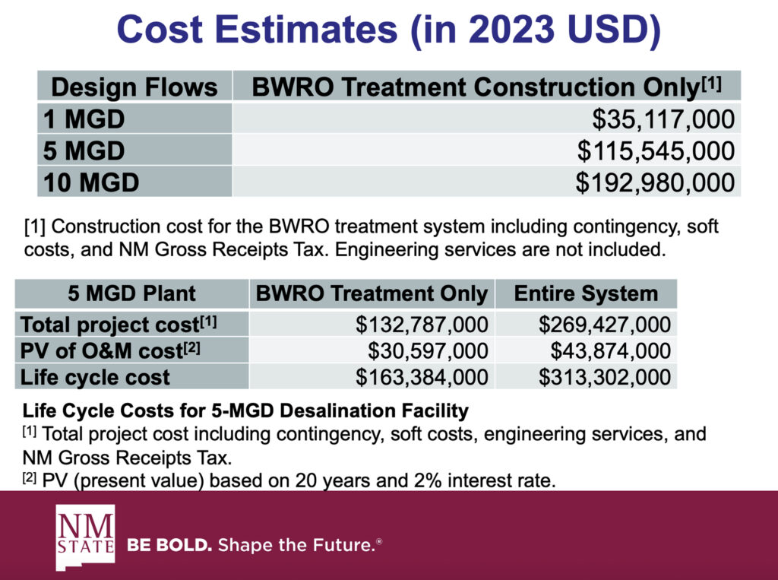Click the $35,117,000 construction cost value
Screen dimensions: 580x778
pyautogui.click(x=663, y=119)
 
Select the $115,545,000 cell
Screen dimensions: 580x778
pyautogui.click(x=656, y=151)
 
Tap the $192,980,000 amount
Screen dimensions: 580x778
pyautogui.click(x=656, y=182)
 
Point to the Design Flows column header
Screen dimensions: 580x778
pyautogui.click(x=134, y=87)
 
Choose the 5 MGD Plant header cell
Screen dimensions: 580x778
pyautogui.click(x=132, y=293)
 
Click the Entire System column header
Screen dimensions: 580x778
pyautogui.click(x=586, y=293)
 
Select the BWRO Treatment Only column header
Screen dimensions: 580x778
pyautogui.click(x=372, y=293)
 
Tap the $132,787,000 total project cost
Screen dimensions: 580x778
pyautogui.click(x=422, y=325)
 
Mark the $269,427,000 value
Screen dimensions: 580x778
pyautogui.click(x=605, y=325)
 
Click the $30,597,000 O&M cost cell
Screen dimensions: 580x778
pyautogui.click(x=428, y=350)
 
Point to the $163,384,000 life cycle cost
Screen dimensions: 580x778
pyautogui.click(x=422, y=376)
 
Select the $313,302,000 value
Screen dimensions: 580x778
pyautogui.click(x=605, y=376)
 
